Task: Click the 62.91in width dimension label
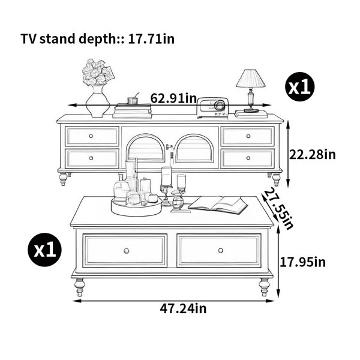[173, 98]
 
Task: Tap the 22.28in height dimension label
[312, 154]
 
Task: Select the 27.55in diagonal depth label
[278, 208]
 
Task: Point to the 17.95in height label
[302, 262]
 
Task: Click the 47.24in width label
[183, 308]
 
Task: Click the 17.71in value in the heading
[151, 39]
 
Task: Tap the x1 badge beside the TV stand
[299, 86]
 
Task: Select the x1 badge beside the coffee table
[45, 250]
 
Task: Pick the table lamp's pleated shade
[251, 79]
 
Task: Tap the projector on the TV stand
[212, 107]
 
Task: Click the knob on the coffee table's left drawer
[126, 251]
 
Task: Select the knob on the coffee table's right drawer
[221, 250]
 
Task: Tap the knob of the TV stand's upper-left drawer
[91, 136]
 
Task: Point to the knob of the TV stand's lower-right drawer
[248, 158]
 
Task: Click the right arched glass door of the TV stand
[194, 149]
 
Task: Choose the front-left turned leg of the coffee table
[79, 287]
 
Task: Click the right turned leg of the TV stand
[276, 179]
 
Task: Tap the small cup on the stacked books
[133, 101]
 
